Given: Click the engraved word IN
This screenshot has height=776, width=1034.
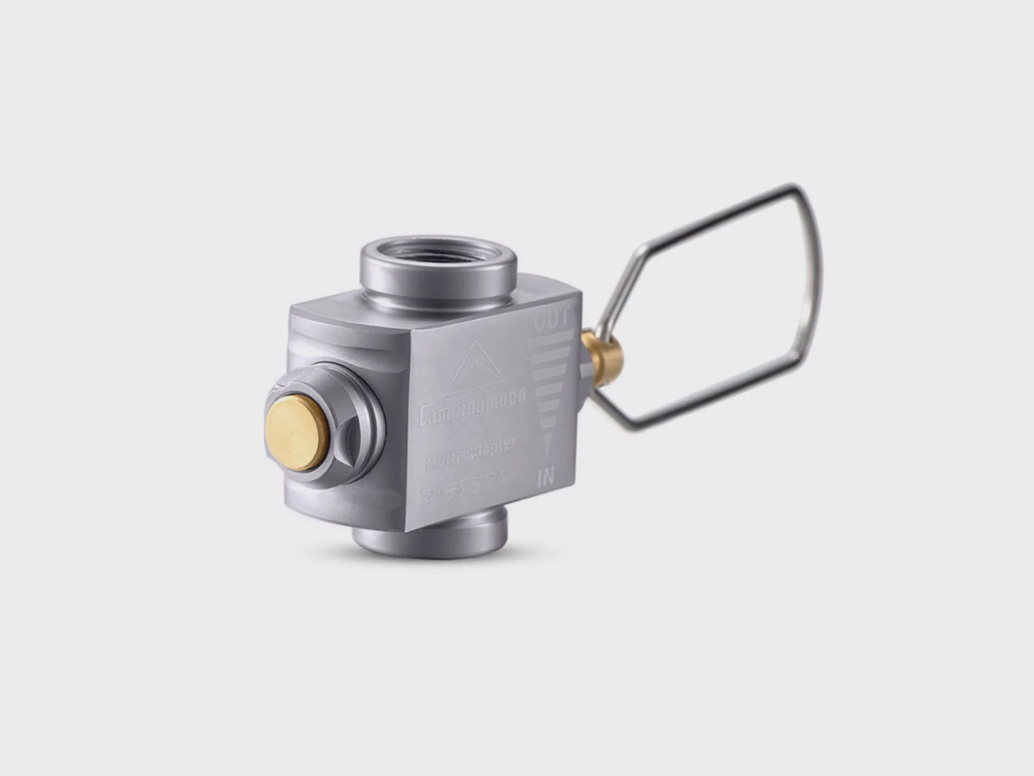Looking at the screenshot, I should (545, 477).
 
